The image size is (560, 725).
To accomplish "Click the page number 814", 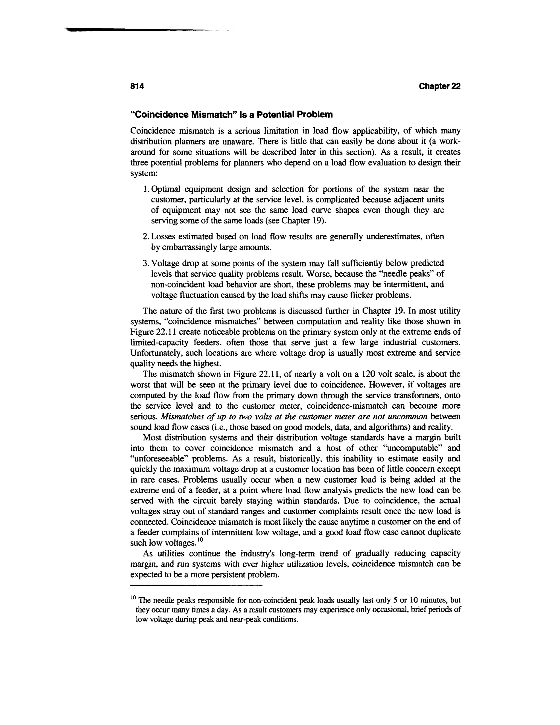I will [137, 86].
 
